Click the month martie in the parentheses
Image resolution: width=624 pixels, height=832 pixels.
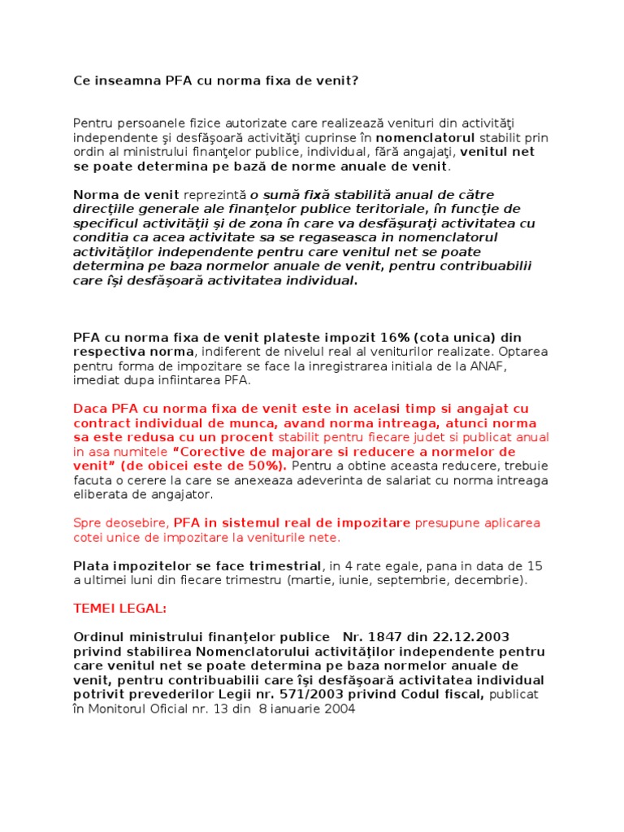[x=305, y=580]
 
